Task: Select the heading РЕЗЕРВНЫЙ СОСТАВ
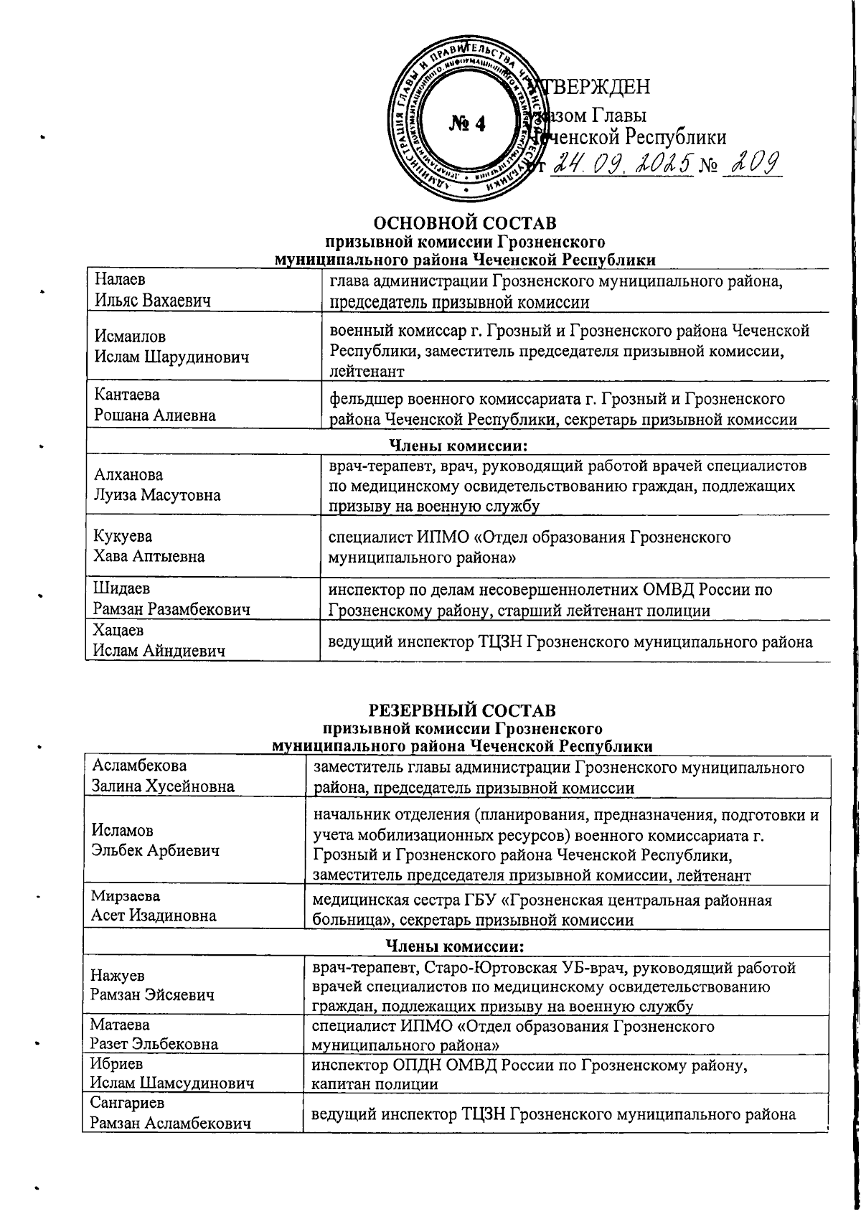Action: point(461,710)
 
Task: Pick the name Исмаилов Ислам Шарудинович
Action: point(171,347)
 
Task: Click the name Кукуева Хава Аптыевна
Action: point(149,546)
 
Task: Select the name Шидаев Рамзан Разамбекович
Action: point(171,600)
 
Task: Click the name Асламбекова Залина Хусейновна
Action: point(163,776)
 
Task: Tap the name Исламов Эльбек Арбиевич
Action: point(156,840)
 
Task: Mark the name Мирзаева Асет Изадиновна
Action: point(153,906)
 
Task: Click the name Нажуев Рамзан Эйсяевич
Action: point(152,986)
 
